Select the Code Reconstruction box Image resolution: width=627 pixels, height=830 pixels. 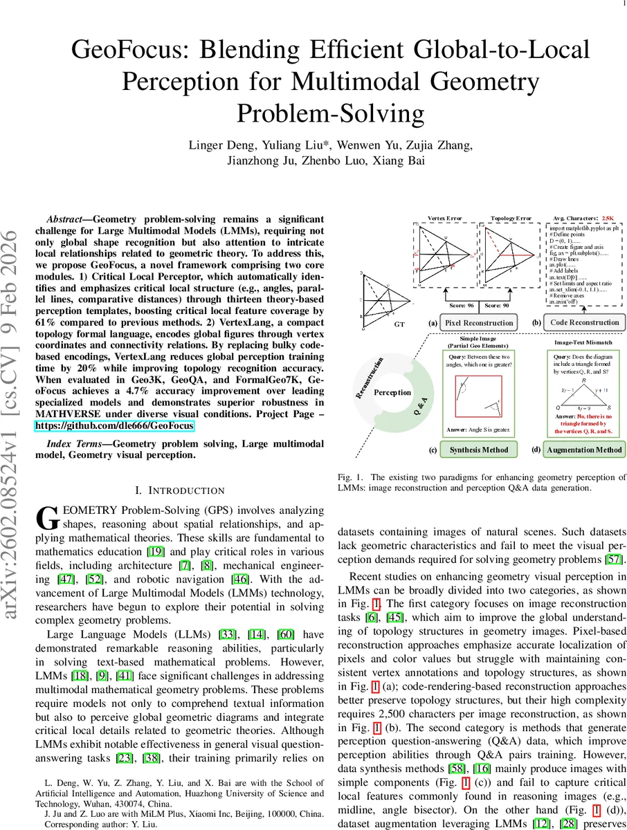point(584,322)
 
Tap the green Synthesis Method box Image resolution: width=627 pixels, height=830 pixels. point(479,450)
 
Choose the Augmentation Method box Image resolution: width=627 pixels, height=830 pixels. point(584,450)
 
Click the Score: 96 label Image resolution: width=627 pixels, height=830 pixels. point(461,305)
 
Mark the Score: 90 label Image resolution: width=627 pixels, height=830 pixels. point(499,305)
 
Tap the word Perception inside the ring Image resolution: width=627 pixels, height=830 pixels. point(392,392)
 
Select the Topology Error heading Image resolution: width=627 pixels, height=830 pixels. point(511,218)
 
